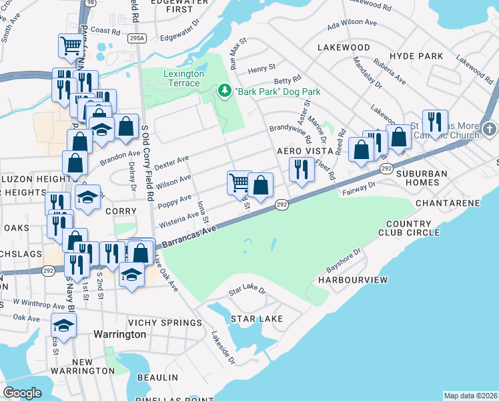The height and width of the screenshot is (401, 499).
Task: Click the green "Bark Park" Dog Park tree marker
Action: pyautogui.click(x=225, y=91)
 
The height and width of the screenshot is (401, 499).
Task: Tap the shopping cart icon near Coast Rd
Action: pyautogui.click(x=71, y=45)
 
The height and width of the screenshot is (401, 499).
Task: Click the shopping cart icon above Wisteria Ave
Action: pyautogui.click(x=239, y=182)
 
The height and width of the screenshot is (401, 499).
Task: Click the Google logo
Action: pyautogui.click(x=22, y=392)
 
